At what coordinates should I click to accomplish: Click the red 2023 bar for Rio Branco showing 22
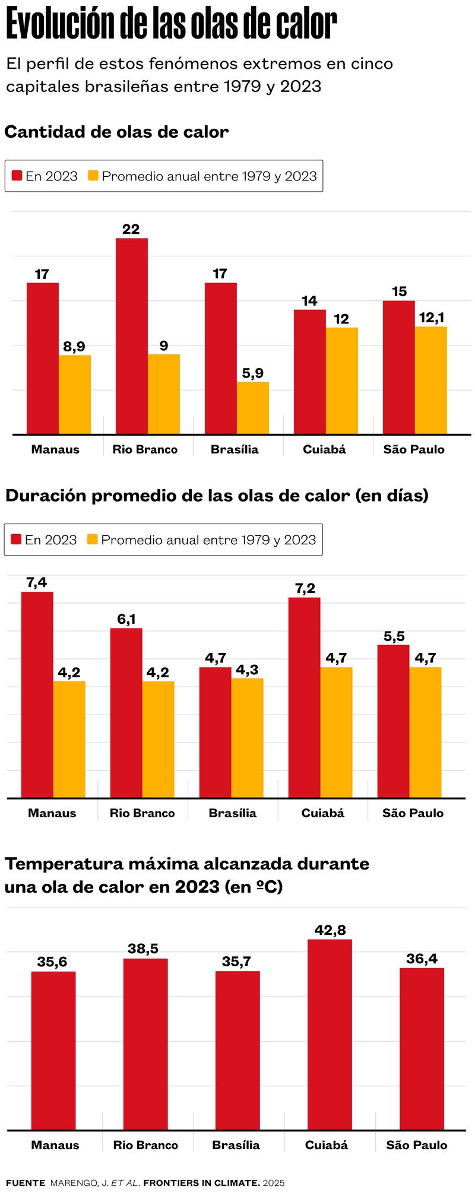[x=131, y=335]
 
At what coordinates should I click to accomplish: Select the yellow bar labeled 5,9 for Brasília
[x=252, y=408]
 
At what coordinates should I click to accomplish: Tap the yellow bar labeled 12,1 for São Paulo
[x=430, y=380]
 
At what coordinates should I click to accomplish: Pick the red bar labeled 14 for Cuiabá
[x=309, y=372]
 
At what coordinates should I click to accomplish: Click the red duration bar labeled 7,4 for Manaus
[x=37, y=694]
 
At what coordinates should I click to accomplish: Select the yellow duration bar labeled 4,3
[x=247, y=738]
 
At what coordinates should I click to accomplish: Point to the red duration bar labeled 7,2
[x=304, y=697]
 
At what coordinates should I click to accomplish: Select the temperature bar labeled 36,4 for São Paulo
[x=422, y=1048]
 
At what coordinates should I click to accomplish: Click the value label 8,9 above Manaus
[x=74, y=347]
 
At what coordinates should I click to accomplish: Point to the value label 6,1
[x=126, y=620]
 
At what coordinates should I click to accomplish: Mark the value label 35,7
[x=236, y=962]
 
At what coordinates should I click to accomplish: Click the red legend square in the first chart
[x=17, y=176]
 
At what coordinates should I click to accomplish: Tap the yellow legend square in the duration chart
[x=92, y=540]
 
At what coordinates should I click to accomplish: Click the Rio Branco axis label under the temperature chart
[x=145, y=1145]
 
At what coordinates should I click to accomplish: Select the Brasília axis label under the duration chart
[x=232, y=813]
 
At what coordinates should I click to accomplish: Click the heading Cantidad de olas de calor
[x=116, y=132]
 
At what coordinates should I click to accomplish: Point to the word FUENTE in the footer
[x=26, y=1183]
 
